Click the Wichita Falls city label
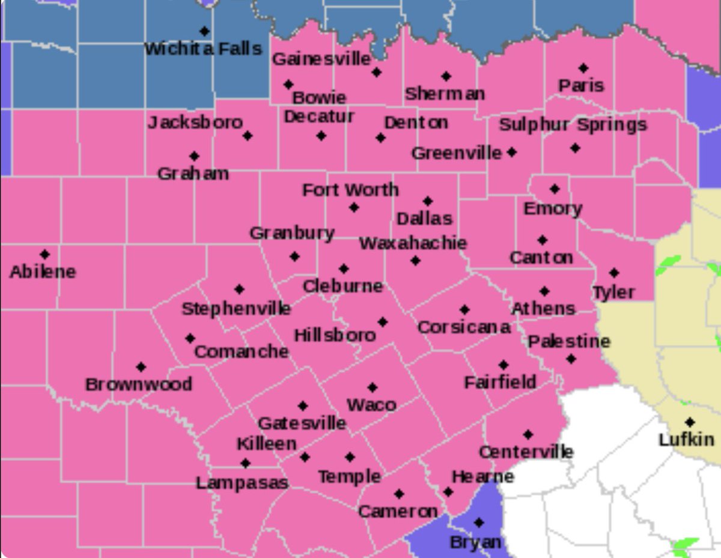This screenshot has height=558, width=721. pyautogui.click(x=203, y=49)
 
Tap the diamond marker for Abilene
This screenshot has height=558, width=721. pyautogui.click(x=44, y=254)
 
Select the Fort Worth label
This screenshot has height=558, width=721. pyautogui.click(x=350, y=190)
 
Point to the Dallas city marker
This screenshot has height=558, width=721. pyautogui.click(x=427, y=201)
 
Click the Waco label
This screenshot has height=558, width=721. pyautogui.click(x=372, y=405)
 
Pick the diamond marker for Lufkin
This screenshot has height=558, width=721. pyautogui.click(x=690, y=422)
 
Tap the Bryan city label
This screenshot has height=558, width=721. pyautogui.click(x=475, y=542)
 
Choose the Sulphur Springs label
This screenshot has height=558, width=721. pyautogui.click(x=573, y=125)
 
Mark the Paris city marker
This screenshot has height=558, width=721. pyautogui.click(x=583, y=68)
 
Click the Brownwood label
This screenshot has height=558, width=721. pyautogui.click(x=139, y=384)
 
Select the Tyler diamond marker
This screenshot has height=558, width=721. pyautogui.click(x=613, y=273)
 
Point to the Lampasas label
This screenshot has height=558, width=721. pyautogui.click(x=242, y=482)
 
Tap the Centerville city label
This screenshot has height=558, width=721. pyautogui.click(x=526, y=452)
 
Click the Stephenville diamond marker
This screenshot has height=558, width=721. pyautogui.click(x=239, y=289)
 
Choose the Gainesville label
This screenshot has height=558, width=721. pyautogui.click(x=321, y=59)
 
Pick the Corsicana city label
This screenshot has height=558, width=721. pyautogui.click(x=464, y=327)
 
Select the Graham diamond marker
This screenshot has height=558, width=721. pyautogui.click(x=194, y=156)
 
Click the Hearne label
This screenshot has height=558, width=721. pyautogui.click(x=482, y=477)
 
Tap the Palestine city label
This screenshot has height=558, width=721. pyautogui.click(x=569, y=341)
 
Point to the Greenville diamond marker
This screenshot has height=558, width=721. pyautogui.click(x=511, y=153)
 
